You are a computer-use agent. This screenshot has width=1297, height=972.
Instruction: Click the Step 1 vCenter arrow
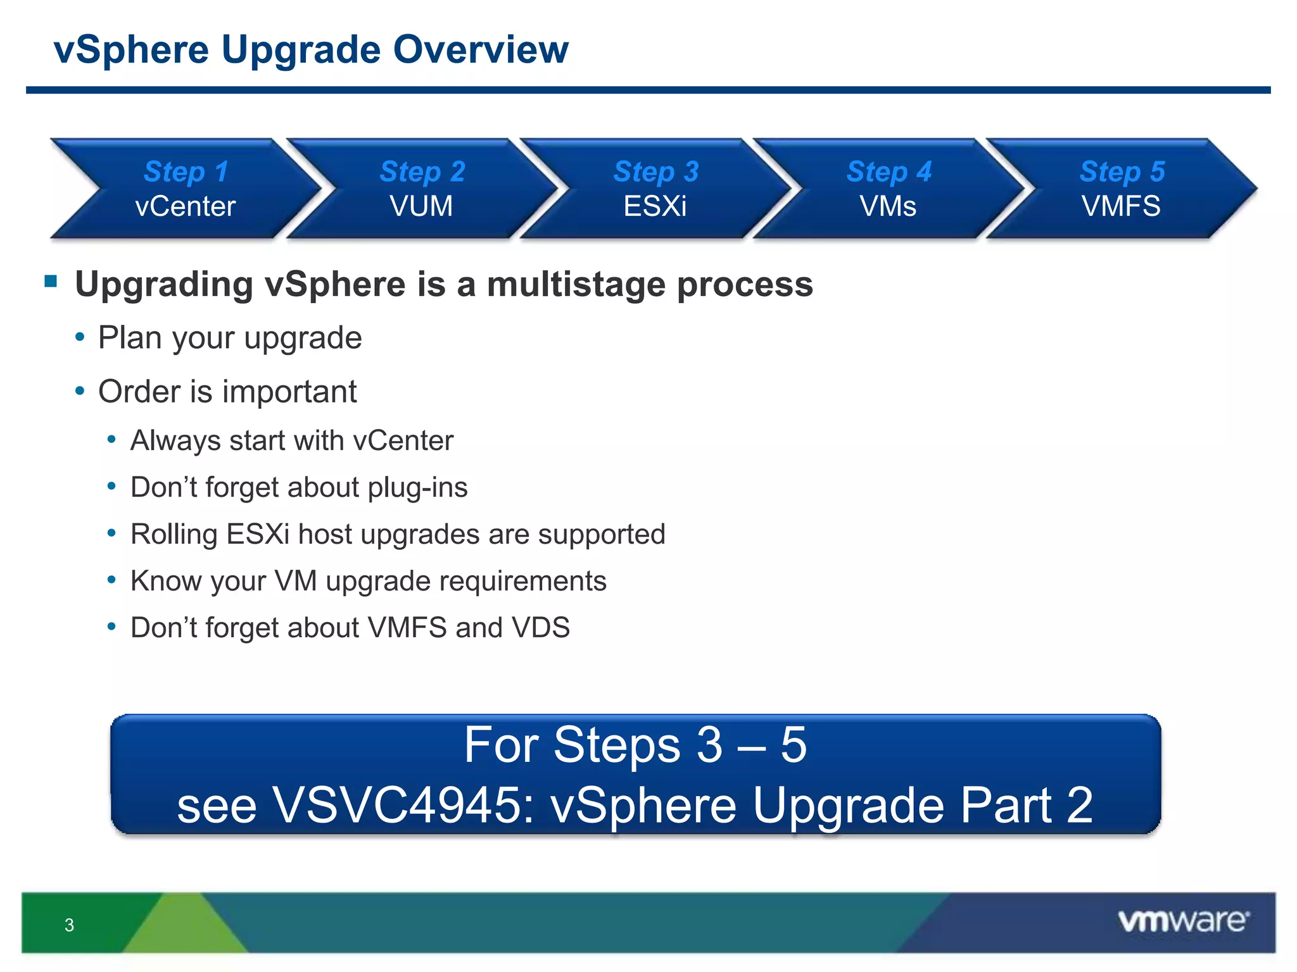tap(186, 189)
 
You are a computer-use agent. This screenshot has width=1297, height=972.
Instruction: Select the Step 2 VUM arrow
tap(422, 189)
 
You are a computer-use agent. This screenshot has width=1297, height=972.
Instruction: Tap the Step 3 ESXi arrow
tap(655, 189)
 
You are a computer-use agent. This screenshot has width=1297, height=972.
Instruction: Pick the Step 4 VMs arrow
tap(889, 189)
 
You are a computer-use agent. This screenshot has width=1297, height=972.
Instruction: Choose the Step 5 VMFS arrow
tap(1122, 189)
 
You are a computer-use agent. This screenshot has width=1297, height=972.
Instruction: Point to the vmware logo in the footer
tap(1183, 921)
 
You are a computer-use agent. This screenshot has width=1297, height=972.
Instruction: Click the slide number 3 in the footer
tap(69, 925)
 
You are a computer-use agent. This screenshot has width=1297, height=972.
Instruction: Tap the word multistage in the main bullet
tap(576, 284)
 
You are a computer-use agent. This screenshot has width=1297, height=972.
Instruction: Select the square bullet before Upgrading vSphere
tap(51, 281)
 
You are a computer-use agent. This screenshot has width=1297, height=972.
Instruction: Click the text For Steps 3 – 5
tap(635, 745)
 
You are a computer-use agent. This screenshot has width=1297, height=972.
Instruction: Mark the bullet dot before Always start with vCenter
tap(111, 439)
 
